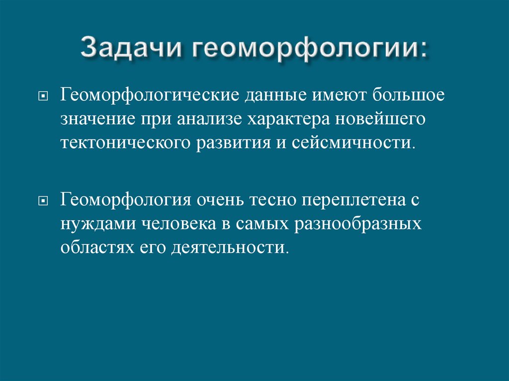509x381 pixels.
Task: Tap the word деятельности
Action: click(x=230, y=247)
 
